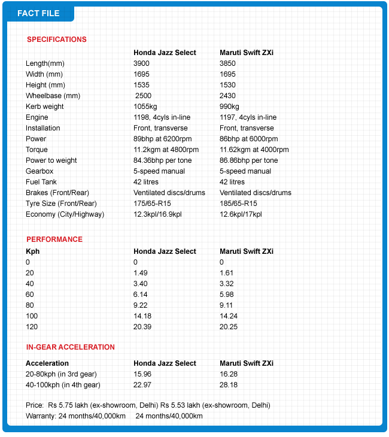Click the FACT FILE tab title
[38, 13]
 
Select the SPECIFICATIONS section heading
[57, 40]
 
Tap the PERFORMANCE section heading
[54, 239]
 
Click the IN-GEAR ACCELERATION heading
[71, 347]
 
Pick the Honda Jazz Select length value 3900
[142, 63]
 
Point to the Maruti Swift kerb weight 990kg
[230, 107]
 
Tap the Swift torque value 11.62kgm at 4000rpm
[254, 150]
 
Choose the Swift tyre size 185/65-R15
[238, 204]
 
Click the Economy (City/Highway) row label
[65, 214]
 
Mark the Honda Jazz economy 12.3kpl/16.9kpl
[166, 214]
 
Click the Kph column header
[32, 251]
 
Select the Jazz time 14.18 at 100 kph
[142, 316]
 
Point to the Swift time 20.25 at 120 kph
[229, 327]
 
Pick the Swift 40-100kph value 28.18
[229, 385]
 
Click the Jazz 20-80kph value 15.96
[142, 374]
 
